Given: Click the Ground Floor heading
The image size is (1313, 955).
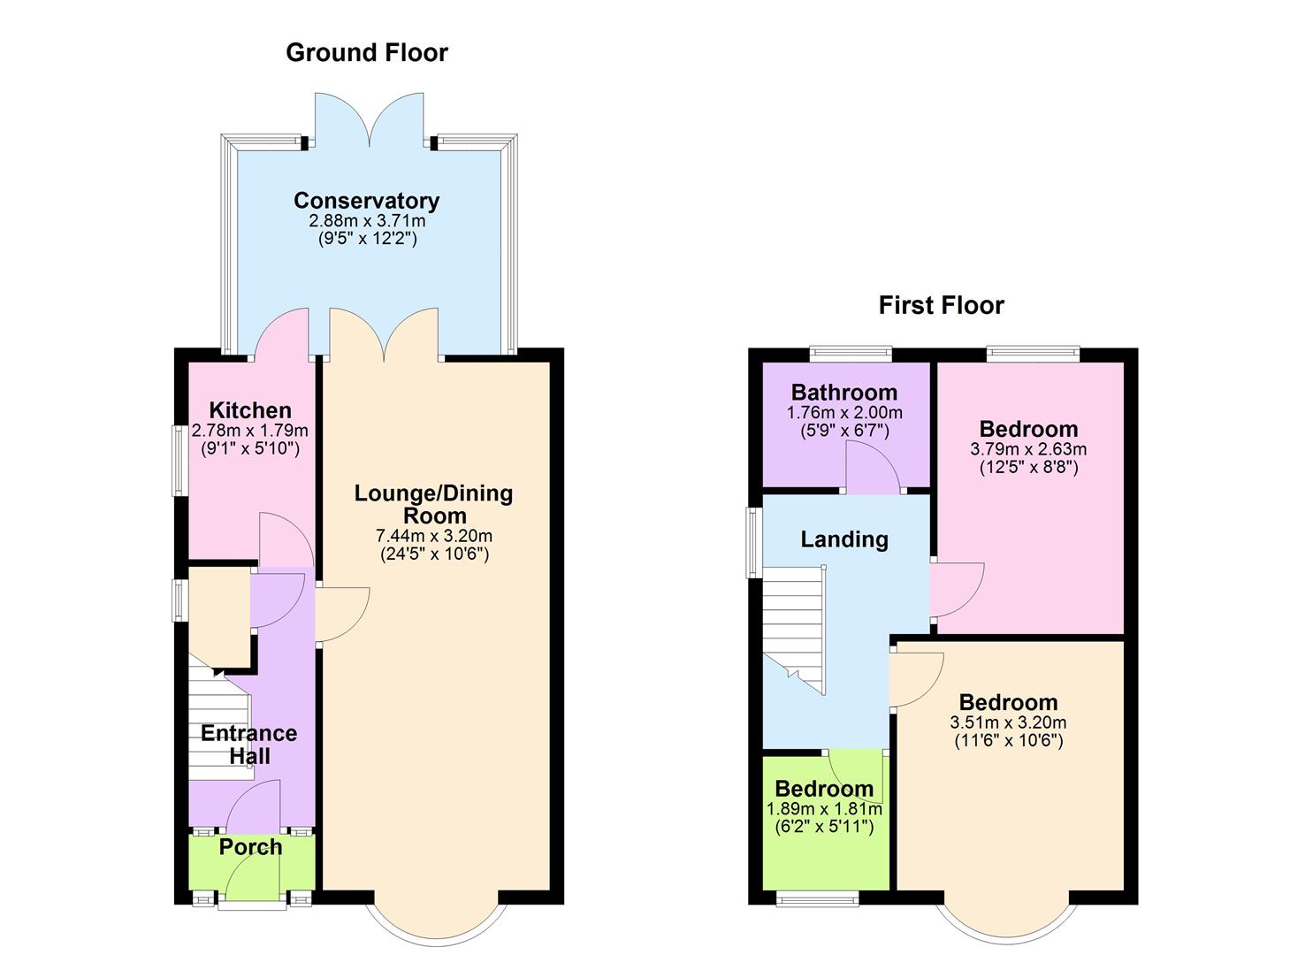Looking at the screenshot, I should (366, 53).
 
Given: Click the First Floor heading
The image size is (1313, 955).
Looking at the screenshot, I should (941, 306).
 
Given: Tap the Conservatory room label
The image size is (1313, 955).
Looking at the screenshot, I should (366, 201).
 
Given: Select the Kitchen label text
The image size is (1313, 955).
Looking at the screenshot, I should (250, 410).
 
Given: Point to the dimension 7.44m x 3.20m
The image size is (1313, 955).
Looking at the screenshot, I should (433, 536).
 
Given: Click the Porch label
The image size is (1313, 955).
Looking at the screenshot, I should (250, 847).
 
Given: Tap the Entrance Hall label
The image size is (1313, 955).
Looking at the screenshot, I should (249, 745).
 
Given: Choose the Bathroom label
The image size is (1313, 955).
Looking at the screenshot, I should (844, 393).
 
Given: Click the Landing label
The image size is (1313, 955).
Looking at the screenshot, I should (844, 539).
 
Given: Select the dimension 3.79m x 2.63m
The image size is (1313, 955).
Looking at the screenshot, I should (1028, 449).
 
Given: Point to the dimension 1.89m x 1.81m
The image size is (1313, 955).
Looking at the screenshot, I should (824, 808).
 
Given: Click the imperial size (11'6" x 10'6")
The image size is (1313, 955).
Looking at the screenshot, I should (1008, 741).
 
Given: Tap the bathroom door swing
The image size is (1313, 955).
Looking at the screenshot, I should (871, 469).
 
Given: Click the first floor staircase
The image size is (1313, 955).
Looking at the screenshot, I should (794, 630).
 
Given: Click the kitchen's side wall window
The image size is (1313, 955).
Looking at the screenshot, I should (179, 460).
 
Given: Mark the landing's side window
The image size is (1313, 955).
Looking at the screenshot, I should (753, 542).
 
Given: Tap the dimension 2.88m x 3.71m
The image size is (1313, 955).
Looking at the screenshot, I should (366, 220).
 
